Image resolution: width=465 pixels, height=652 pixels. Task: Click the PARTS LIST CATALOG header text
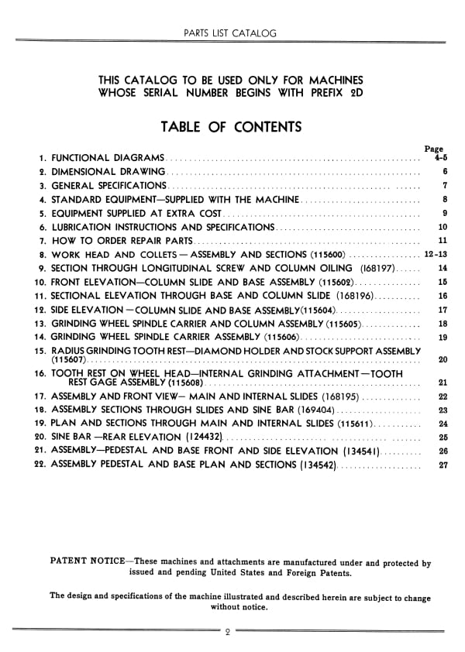pos(231,33)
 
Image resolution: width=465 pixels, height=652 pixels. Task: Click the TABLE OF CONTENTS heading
pos(231,127)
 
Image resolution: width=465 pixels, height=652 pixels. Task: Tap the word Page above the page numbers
pos(434,149)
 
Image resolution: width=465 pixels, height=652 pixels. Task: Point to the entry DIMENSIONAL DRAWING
pos(108,171)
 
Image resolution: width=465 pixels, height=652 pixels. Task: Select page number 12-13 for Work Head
pos(436,254)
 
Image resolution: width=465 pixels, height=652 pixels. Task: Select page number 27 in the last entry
pos(443,465)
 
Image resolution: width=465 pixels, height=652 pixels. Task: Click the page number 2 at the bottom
pos(229,632)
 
